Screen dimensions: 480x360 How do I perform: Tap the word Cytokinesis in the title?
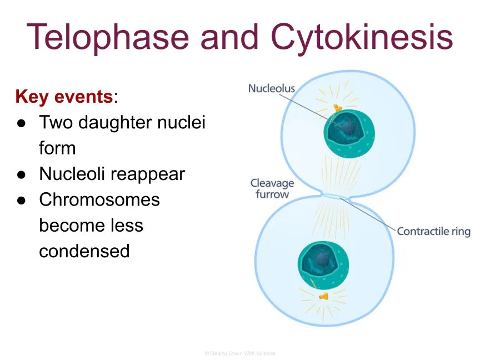pos(362,38)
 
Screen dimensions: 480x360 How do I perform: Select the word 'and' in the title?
pos(230,37)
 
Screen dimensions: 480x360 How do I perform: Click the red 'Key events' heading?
pos(64,97)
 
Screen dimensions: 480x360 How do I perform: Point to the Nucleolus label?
pos(272,88)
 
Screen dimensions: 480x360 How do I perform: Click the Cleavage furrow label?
pos(272,188)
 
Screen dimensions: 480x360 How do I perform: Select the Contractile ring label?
pos(434,232)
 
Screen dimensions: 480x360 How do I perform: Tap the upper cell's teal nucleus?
pos(349,133)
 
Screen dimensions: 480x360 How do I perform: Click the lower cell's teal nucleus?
pos(323,265)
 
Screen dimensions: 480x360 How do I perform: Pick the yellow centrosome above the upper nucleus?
pos(337,108)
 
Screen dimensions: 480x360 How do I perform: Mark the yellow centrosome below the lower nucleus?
pos(323,296)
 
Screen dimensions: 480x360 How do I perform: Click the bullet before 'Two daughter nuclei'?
pos(22,123)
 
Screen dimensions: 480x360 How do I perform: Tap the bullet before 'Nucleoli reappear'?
pos(22,174)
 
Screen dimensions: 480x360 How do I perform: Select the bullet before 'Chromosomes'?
pos(22,201)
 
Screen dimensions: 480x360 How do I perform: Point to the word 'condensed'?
pos(84,251)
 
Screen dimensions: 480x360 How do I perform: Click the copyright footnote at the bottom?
pos(239,353)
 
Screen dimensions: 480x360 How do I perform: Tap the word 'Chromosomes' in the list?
pos(99,199)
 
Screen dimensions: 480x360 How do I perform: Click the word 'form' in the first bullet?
pos(57,148)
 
